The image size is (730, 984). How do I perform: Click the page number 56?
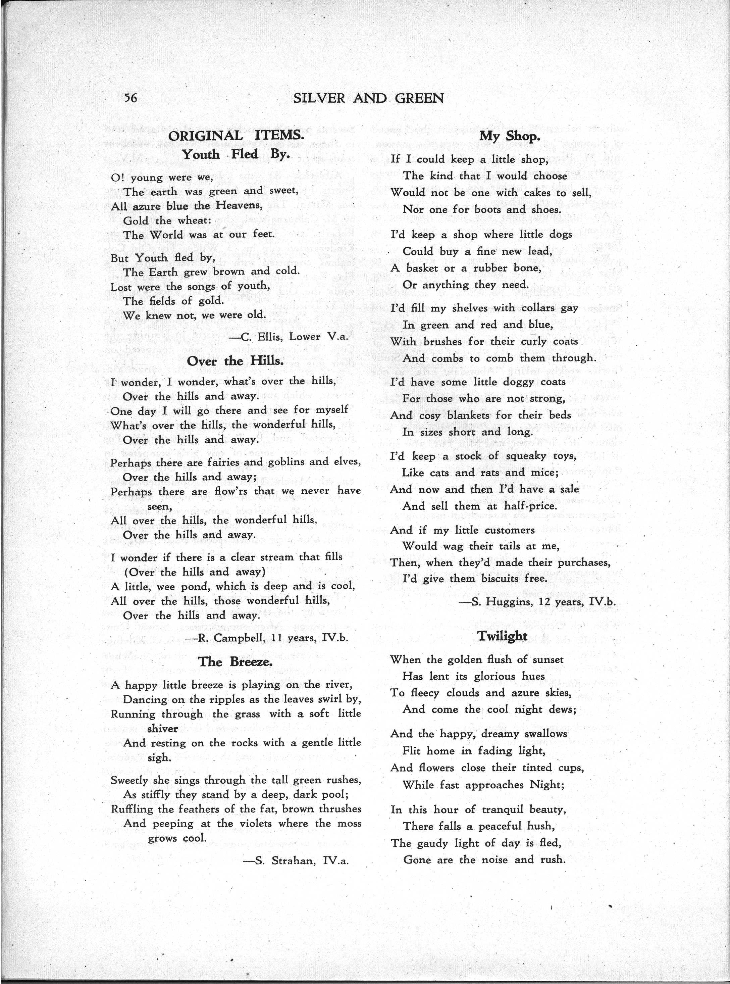click(131, 98)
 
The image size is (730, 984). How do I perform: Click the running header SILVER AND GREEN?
click(369, 98)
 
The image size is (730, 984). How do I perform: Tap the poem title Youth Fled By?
click(236, 154)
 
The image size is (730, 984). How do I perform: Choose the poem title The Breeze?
click(235, 662)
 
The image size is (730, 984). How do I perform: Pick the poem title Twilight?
click(503, 636)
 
